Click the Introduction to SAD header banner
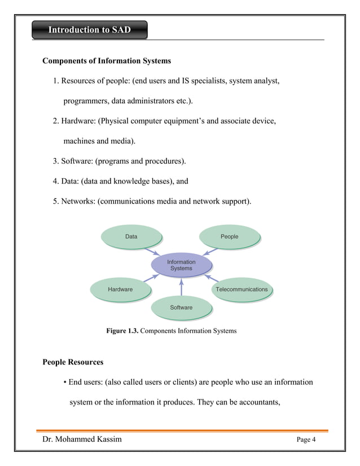tap(89, 30)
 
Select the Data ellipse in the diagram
tap(131, 236)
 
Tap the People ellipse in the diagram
tap(230, 236)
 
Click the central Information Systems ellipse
tap(181, 265)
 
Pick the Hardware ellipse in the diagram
tap(120, 289)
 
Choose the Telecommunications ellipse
tap(242, 289)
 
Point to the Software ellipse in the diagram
tap(181, 307)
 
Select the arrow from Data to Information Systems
tap(151, 251)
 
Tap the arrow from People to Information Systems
tap(211, 251)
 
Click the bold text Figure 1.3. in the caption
tap(122, 331)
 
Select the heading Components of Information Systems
tap(107, 60)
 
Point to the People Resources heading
tap(73, 362)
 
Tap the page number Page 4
tap(306, 440)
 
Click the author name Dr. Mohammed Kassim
tap(82, 439)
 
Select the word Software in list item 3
tap(77, 161)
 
